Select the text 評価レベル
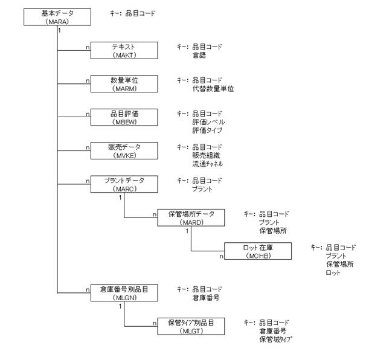[x=208, y=121]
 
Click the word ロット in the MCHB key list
[x=333, y=272]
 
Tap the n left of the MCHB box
[x=221, y=257]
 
